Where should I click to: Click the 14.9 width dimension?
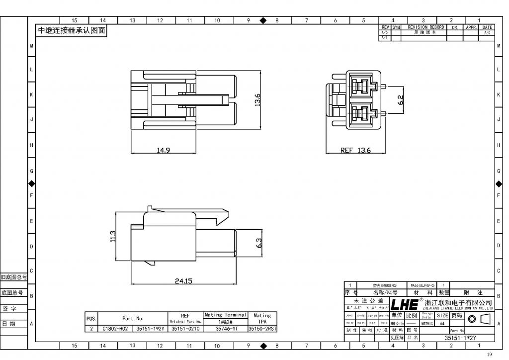pos(164,150)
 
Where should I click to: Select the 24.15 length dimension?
pos(183,281)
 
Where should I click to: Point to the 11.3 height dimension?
pos(113,236)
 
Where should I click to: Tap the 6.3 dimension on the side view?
pos(258,243)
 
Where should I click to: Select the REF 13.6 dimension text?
pos(355,150)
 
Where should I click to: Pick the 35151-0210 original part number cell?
pos(185,329)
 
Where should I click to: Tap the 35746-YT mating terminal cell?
pos(226,329)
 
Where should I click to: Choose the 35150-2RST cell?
pos(262,329)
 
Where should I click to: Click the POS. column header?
pos(91,318)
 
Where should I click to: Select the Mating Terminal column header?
pos(226,315)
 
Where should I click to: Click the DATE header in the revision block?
pos(487,27)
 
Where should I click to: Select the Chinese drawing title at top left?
pos(72,30)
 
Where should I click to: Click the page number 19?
pos(489,354)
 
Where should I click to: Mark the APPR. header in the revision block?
pos(471,27)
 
